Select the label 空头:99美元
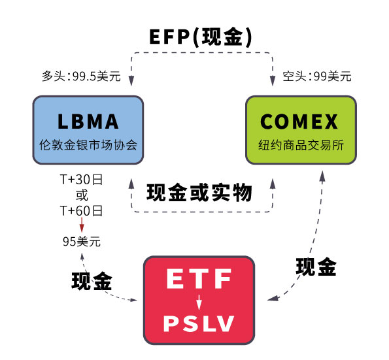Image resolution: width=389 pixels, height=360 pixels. tap(317, 76)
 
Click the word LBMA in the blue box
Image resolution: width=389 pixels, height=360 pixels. tap(88, 122)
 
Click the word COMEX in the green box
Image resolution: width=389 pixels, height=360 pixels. tap(300, 122)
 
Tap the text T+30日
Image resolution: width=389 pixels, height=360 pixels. tap(82, 180)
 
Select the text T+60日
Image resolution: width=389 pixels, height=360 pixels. tap(82, 210)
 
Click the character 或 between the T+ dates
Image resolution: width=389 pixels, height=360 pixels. tap(82, 195)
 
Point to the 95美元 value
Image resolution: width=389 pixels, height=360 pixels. tap(82, 241)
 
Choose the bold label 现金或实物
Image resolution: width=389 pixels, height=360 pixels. tap(199, 193)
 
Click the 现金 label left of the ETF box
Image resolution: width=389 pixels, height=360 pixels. tap(92, 281)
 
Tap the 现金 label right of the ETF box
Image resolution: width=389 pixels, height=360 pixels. tap(316, 267)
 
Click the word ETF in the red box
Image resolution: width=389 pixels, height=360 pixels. tap(199, 280)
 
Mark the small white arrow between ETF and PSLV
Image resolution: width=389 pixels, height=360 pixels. tap(199, 301)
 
